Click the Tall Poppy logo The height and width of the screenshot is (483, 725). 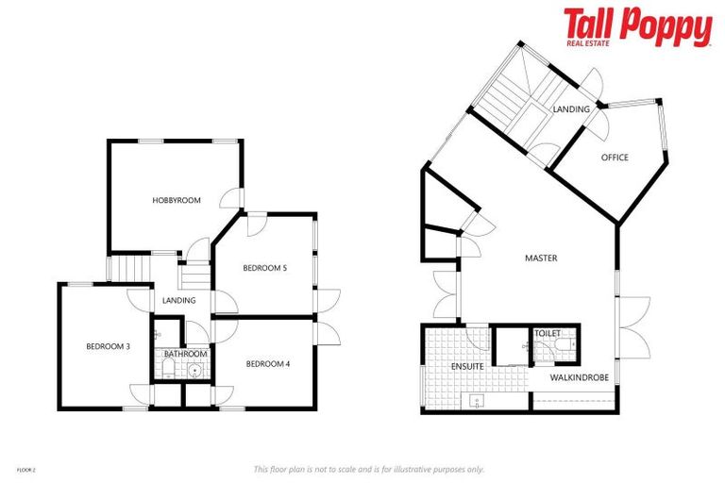coord(637,26)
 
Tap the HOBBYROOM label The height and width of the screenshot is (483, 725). coord(177,200)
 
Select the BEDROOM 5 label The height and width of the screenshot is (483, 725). coord(264,268)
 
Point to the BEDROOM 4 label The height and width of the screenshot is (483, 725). coord(268,363)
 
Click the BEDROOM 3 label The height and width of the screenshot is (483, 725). coord(108,346)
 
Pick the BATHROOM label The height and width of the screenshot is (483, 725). coord(185,354)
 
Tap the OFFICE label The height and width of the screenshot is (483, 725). coord(615,158)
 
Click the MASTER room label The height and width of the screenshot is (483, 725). coord(541,258)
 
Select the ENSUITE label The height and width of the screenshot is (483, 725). coord(469,365)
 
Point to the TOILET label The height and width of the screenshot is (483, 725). coord(548,334)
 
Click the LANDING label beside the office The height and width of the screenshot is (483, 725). coord(571,109)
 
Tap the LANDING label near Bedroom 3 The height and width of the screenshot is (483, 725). coord(178,300)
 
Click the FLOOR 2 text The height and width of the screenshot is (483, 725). coord(26,468)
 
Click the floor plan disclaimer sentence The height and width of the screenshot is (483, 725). coord(368,469)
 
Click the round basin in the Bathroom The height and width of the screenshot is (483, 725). coord(195,369)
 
